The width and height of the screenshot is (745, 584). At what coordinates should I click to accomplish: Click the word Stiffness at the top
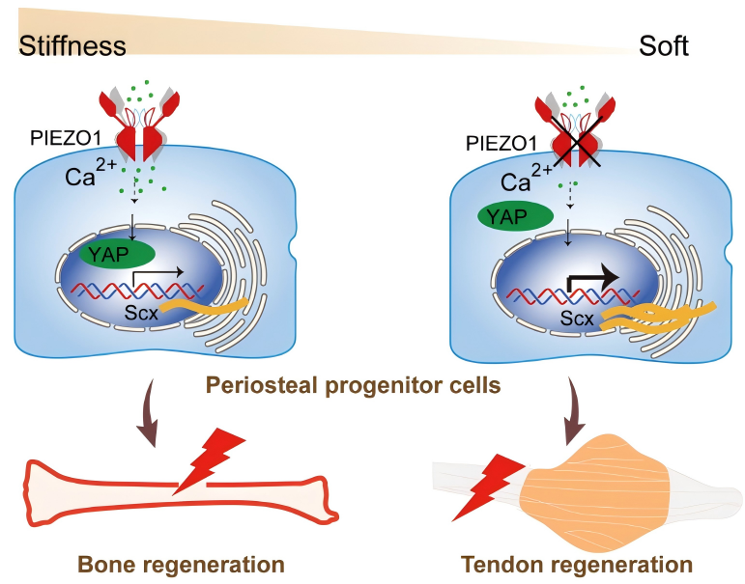point(72,45)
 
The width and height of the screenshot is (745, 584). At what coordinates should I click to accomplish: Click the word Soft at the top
point(664,45)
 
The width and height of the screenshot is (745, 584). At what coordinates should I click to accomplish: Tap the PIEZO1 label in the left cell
point(59,139)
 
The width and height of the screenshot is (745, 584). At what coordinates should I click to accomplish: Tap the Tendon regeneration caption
point(577,564)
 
